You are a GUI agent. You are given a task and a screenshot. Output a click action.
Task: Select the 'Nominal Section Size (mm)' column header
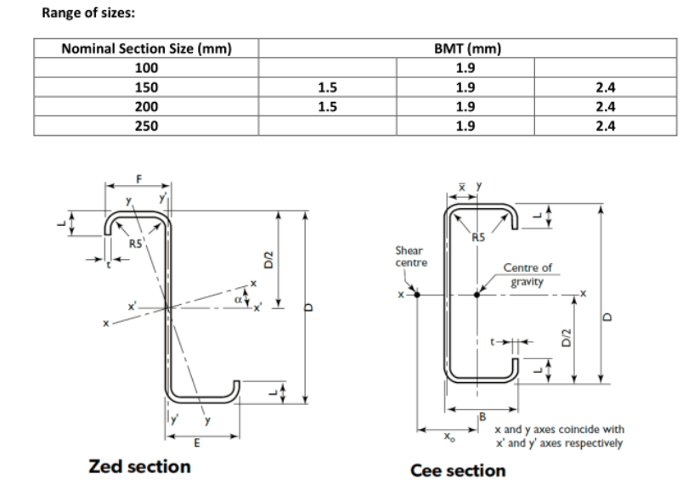pyautogui.click(x=146, y=48)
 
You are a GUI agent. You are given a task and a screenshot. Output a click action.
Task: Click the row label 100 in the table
pyautogui.click(x=146, y=68)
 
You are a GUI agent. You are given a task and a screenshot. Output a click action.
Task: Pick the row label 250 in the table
pyautogui.click(x=146, y=126)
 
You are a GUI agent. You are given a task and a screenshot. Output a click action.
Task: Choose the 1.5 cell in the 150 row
pyautogui.click(x=326, y=87)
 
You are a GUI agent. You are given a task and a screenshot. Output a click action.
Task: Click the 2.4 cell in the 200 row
pyautogui.click(x=605, y=107)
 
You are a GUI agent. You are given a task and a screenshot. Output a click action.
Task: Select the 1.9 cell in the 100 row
pyautogui.click(x=465, y=68)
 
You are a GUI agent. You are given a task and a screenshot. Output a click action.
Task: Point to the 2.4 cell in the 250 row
pyautogui.click(x=605, y=126)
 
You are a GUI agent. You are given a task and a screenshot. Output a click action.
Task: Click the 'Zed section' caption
pyautogui.click(x=139, y=466)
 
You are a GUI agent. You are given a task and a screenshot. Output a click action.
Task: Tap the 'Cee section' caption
pyautogui.click(x=457, y=470)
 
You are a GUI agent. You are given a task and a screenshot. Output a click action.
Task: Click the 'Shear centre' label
pyautogui.click(x=412, y=256)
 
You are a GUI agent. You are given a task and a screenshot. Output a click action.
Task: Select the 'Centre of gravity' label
pyautogui.click(x=527, y=273)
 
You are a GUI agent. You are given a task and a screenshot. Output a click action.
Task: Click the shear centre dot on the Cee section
pyautogui.click(x=416, y=295)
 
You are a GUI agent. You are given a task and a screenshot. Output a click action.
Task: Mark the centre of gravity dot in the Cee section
pyautogui.click(x=477, y=295)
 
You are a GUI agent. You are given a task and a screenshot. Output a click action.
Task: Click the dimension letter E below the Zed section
pyautogui.click(x=196, y=444)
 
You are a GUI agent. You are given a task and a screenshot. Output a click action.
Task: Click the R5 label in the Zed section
pyautogui.click(x=134, y=245)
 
